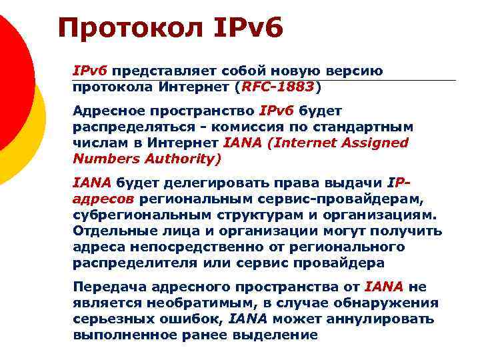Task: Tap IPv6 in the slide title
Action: [249, 29]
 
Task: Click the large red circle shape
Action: [10, 73]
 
